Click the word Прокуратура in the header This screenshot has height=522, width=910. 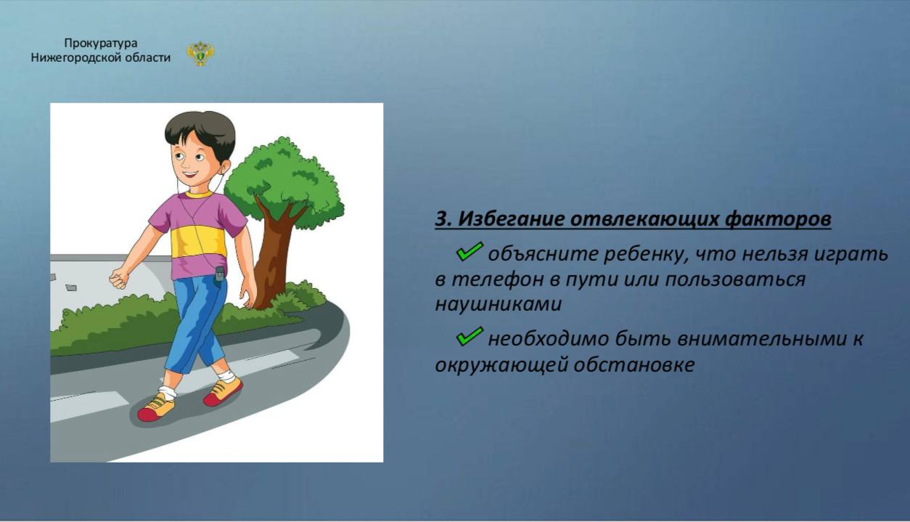click(x=101, y=43)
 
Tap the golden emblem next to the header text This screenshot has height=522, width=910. click(x=200, y=53)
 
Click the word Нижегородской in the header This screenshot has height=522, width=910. click(x=76, y=58)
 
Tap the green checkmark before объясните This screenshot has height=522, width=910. click(x=470, y=251)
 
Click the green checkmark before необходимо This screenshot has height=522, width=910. click(x=470, y=336)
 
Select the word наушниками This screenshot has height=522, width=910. click(x=499, y=304)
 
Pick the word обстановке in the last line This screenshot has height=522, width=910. click(x=634, y=364)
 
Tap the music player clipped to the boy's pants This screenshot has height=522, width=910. click(x=219, y=276)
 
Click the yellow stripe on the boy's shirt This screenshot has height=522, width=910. click(x=199, y=242)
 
